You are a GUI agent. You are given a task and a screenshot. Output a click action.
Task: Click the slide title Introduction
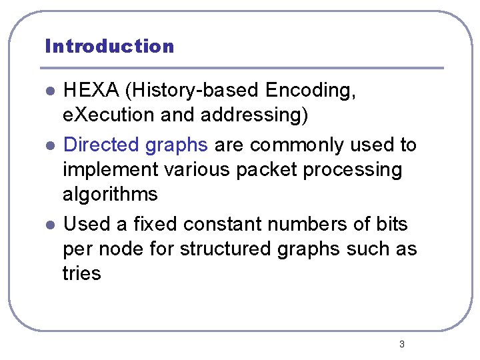109,46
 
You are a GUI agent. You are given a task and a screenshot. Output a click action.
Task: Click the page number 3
401,344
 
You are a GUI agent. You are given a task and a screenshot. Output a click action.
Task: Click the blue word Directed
101,145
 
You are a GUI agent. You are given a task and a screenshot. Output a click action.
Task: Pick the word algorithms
110,194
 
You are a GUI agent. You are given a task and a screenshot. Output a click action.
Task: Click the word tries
81,273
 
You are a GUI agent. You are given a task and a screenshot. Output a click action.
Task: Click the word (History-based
193,91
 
